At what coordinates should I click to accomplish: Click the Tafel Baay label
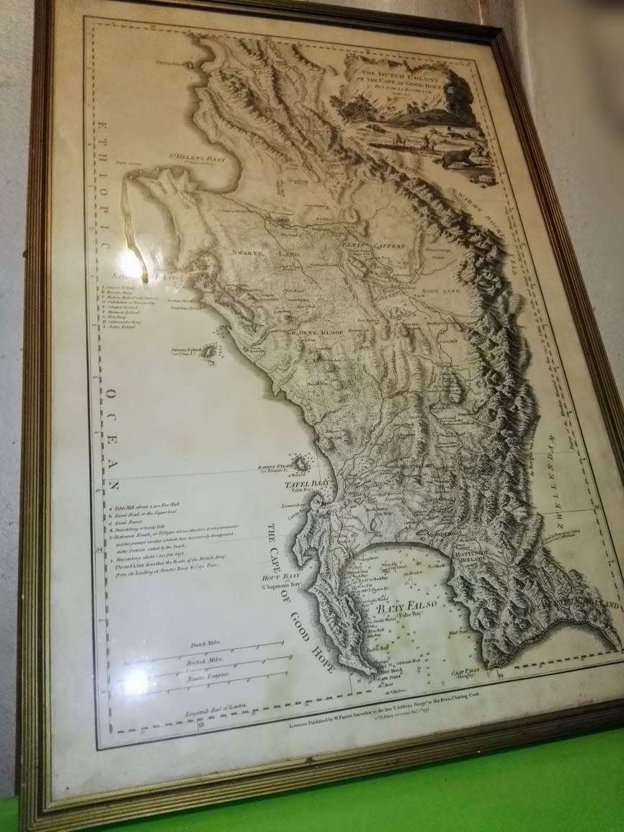click(306, 485)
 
